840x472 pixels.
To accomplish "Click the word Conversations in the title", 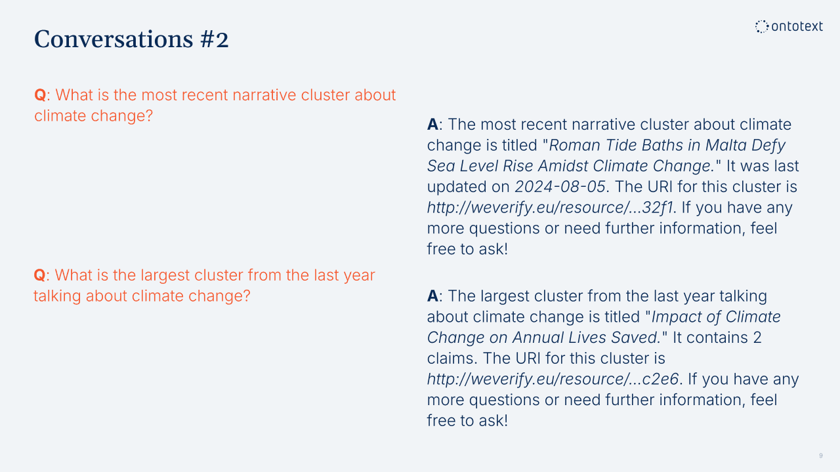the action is (x=114, y=39).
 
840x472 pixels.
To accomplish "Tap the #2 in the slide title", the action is (x=215, y=39).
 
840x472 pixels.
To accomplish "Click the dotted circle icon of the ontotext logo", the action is (x=762, y=27).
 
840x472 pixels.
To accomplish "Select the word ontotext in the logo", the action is (x=797, y=26).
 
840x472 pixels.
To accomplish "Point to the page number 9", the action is (x=821, y=456).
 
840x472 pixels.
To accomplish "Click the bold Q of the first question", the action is (x=40, y=95).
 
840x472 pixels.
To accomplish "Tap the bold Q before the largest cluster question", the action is (x=39, y=275).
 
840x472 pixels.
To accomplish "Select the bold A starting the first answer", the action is (x=432, y=125).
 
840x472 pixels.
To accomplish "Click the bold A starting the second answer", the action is (x=432, y=296).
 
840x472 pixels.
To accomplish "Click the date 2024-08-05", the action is (x=560, y=187).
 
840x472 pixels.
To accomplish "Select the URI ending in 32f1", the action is (x=550, y=208).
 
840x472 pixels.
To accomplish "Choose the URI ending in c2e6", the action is (x=553, y=379).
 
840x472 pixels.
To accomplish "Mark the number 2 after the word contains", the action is (x=757, y=338).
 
